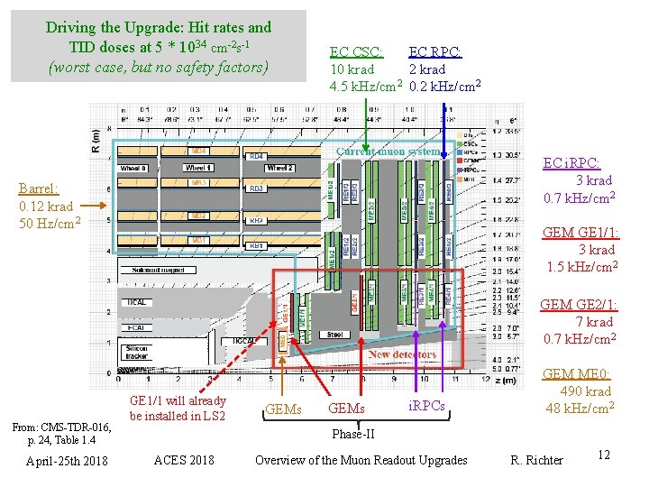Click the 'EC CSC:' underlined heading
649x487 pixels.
click(x=356, y=52)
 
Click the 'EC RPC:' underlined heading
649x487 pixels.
click(x=435, y=52)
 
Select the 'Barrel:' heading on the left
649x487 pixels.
click(x=39, y=189)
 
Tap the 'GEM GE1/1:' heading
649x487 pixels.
click(x=580, y=234)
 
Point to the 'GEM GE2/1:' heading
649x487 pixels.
click(x=580, y=305)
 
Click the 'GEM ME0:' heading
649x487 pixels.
click(x=577, y=374)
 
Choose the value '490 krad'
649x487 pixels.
click(x=585, y=391)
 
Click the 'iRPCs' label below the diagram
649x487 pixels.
click(x=427, y=407)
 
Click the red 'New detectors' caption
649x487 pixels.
click(x=403, y=354)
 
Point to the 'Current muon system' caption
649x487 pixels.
click(x=388, y=152)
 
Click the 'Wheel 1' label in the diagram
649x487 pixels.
click(x=199, y=168)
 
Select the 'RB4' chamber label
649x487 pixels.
click(x=257, y=155)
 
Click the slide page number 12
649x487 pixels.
click(x=603, y=455)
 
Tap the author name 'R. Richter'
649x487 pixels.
click(x=537, y=460)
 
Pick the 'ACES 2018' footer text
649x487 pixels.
click(x=184, y=460)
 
